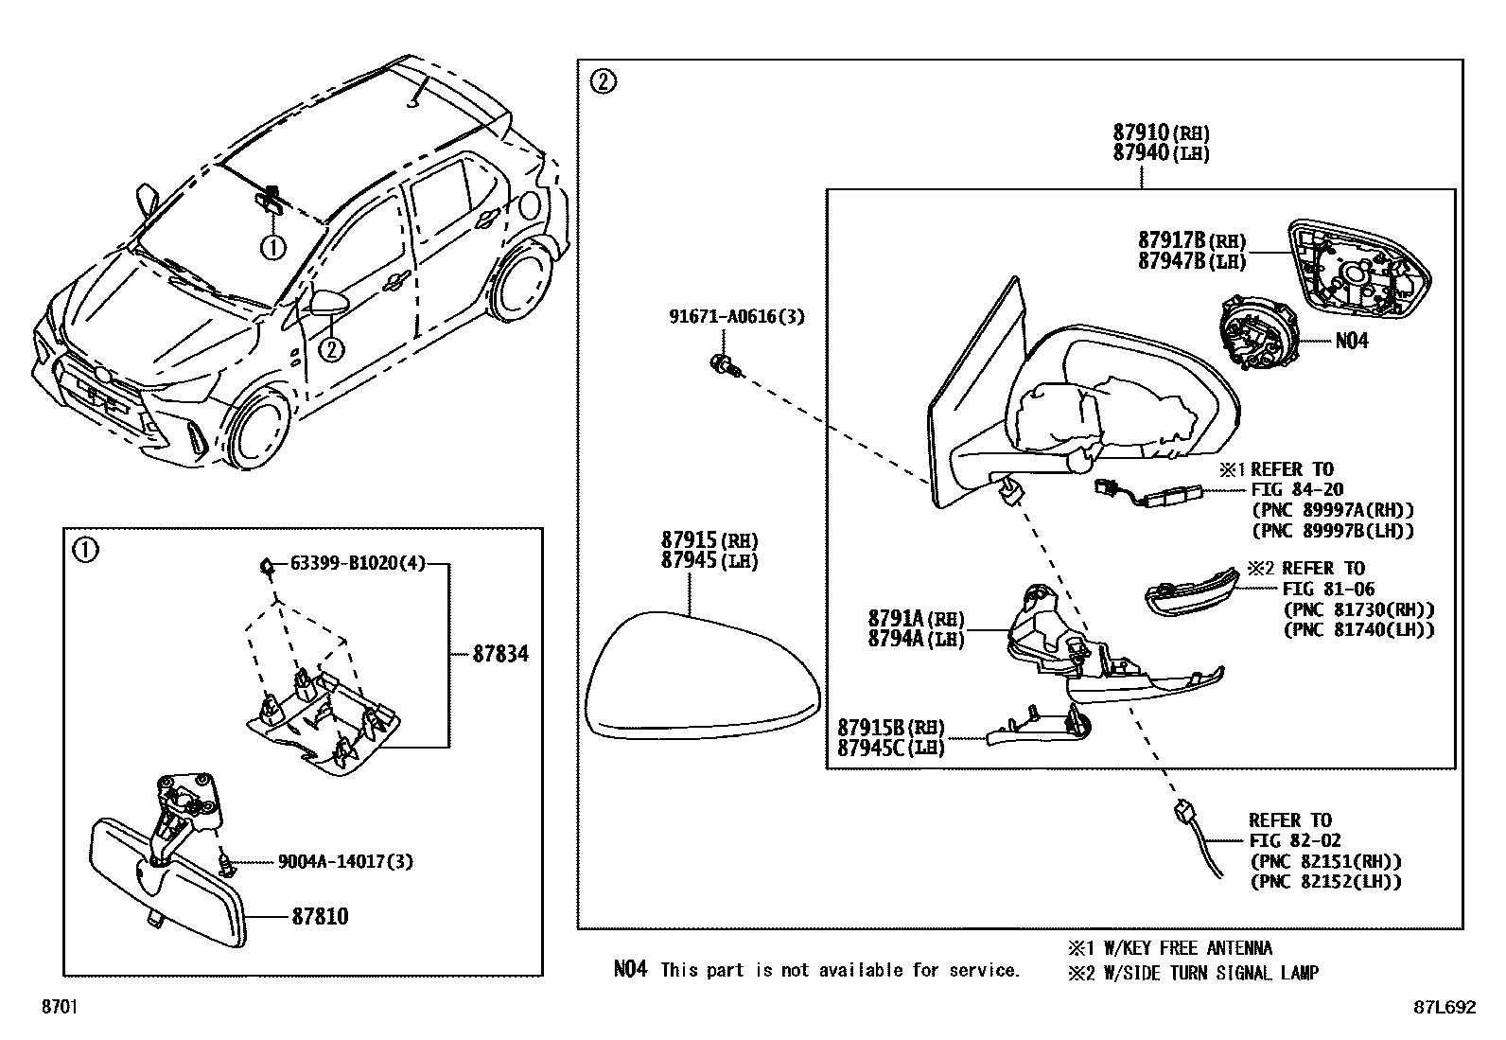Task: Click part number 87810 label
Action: pos(319,916)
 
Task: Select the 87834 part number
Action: pos(500,653)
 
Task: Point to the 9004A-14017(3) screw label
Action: pos(345,861)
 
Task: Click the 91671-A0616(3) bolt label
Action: pos(736,317)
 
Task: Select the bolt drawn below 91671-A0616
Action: pos(725,364)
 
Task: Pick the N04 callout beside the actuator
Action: pos(1351,341)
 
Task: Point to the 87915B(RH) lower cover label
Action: pos(890,727)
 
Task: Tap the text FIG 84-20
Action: pos(1294,489)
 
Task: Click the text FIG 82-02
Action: pos(1294,840)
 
